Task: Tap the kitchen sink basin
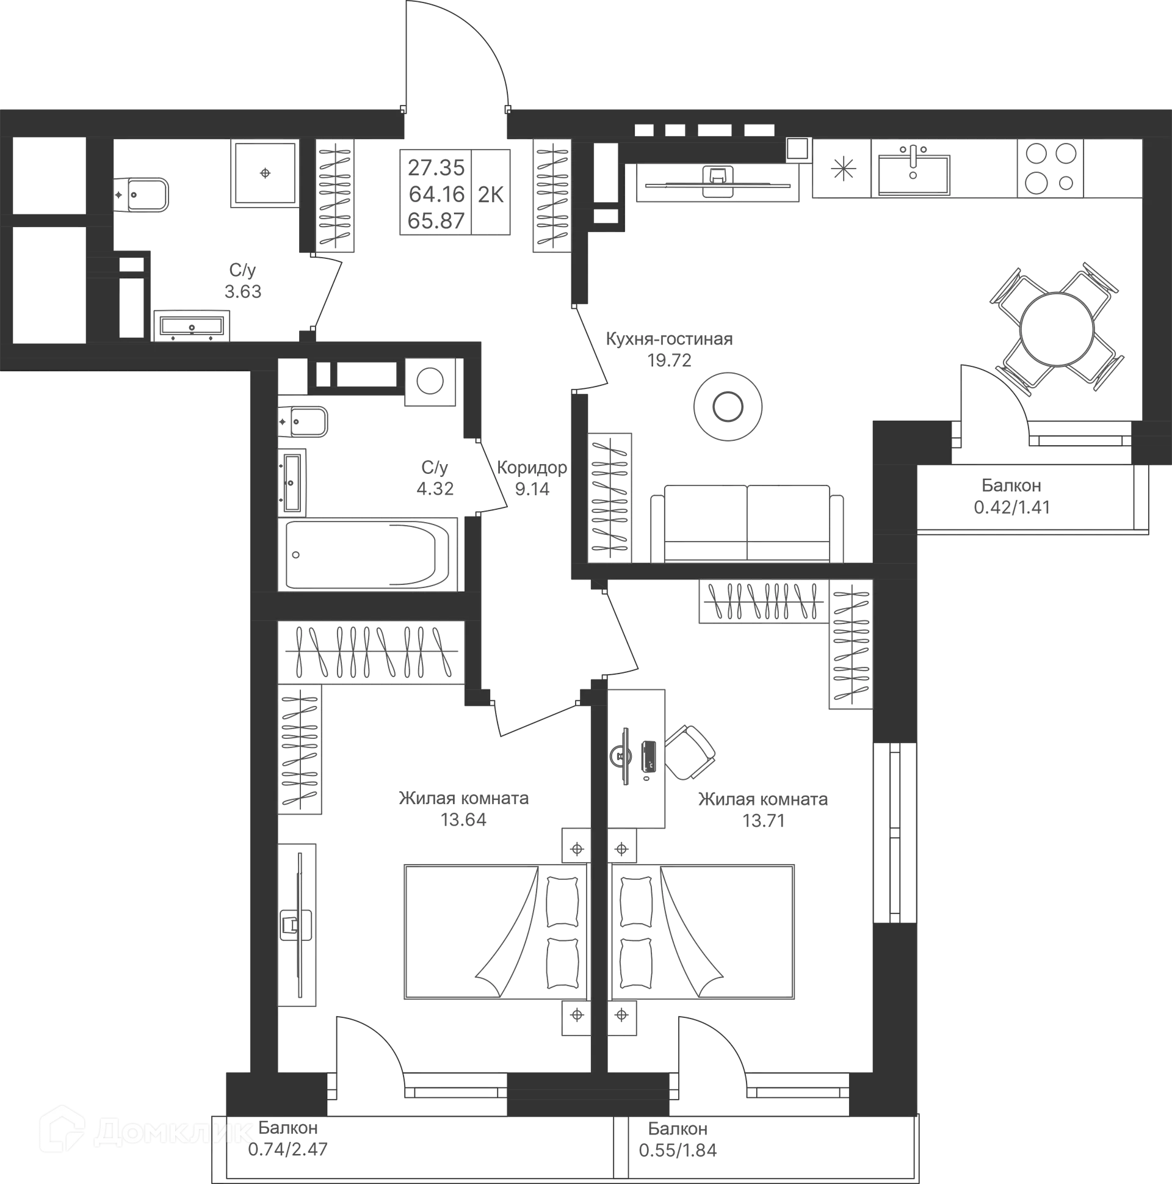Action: (x=913, y=174)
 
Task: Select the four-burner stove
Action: (x=1050, y=168)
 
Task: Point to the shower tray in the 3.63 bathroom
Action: (x=266, y=173)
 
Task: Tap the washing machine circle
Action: (x=430, y=381)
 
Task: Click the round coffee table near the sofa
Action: (x=728, y=406)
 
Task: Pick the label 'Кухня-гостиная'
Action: (x=669, y=339)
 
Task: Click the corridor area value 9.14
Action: (x=532, y=489)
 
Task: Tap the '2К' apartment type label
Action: (x=490, y=194)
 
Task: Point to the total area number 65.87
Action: (x=436, y=220)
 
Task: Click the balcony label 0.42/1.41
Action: (x=1011, y=507)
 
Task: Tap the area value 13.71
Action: (x=764, y=821)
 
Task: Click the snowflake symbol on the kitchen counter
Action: (x=843, y=169)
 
